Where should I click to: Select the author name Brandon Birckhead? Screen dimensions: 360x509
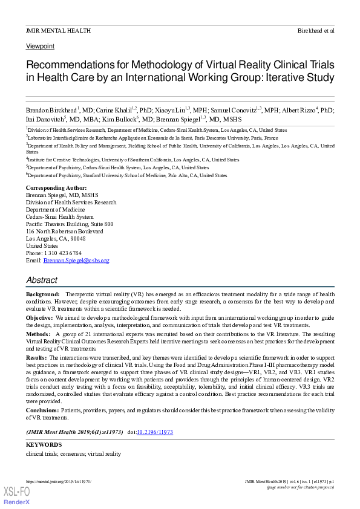pos(51,111)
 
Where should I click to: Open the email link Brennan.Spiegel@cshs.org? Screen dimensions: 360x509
pos(76,260)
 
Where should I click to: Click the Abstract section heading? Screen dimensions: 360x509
pos(42,280)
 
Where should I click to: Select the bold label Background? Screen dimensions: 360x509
pos(42,294)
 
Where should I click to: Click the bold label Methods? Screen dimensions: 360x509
pos(38,334)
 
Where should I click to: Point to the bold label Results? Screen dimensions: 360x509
pos(37,357)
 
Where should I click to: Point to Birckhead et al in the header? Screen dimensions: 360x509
pos(316,30)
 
